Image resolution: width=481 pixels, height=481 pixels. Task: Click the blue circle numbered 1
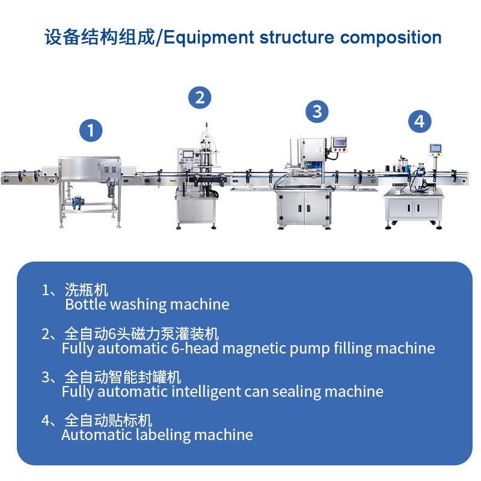[x=91, y=130]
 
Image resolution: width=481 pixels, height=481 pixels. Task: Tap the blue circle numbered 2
[x=200, y=97]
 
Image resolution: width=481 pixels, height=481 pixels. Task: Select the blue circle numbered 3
[x=317, y=111]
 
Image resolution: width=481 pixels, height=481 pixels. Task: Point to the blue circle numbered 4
[x=419, y=121]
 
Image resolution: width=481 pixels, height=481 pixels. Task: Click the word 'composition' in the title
[x=391, y=38]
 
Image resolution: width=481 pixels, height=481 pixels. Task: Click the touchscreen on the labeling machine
[x=435, y=148]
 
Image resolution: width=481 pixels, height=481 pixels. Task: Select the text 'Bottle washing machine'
[x=147, y=304]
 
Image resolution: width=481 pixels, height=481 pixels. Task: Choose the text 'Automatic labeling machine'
[x=157, y=435]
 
